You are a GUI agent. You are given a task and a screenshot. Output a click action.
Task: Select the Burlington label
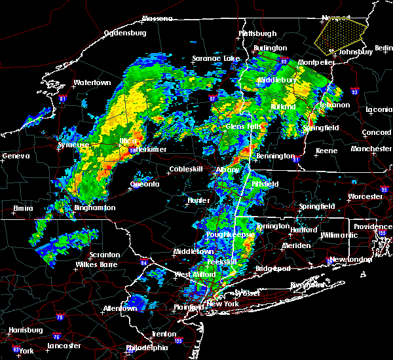(271, 48)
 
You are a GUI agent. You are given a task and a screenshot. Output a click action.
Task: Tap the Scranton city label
(105, 255)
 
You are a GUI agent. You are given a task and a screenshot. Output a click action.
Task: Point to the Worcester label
(365, 196)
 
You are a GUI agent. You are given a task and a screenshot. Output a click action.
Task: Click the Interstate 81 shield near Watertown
(62, 99)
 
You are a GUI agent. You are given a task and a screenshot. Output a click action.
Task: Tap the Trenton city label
(163, 334)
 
